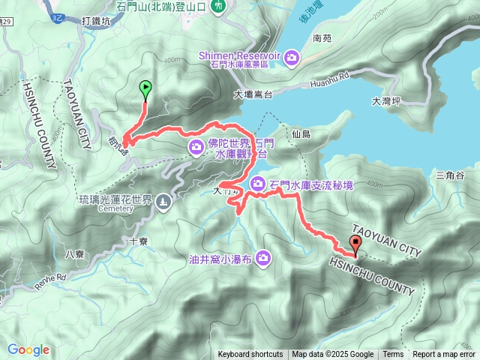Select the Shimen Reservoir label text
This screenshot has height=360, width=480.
238,55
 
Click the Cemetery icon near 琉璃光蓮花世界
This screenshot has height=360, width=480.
163,201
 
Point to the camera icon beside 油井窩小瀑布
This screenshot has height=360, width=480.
262,258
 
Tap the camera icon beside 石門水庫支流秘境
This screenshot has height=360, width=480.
257,183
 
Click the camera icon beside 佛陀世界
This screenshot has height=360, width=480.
196,146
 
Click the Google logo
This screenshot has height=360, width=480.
28,349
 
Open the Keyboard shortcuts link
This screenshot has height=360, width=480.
250,355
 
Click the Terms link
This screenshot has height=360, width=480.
393,355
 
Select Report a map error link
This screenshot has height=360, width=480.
445,355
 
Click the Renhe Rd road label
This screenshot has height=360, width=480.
50,280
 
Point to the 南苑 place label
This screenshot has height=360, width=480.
322,37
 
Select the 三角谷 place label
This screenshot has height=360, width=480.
450,175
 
